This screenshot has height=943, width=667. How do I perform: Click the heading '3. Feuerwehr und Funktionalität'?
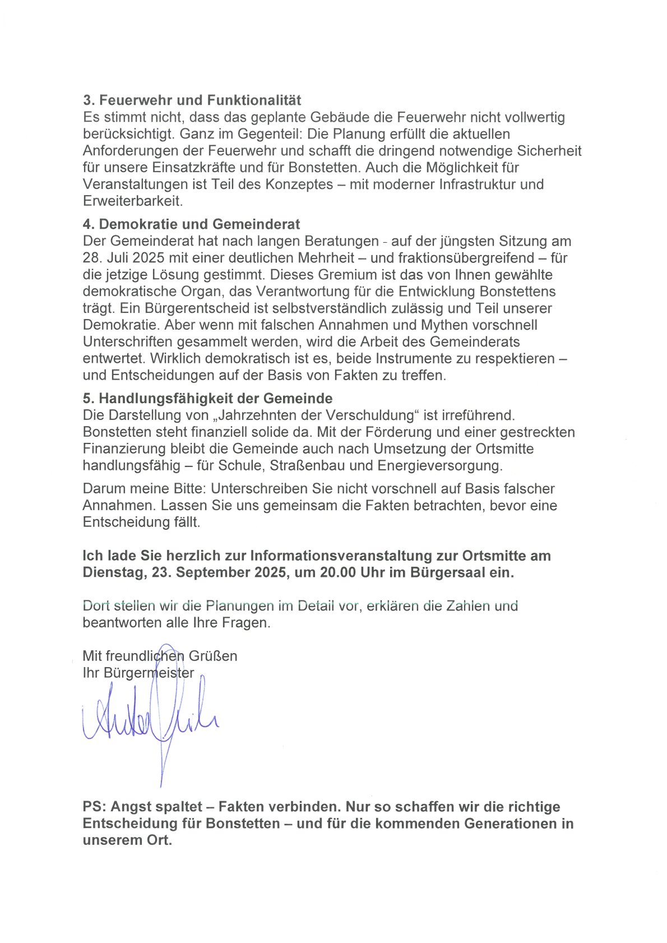[192, 100]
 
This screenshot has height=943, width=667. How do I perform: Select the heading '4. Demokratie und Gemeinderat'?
[191, 224]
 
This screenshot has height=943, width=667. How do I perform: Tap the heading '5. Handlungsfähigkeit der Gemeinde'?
[207, 399]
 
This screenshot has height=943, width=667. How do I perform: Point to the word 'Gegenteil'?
[270, 134]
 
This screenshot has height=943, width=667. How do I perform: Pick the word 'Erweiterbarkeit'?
[132, 201]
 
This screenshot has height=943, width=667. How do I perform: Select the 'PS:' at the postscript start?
[95, 807]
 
